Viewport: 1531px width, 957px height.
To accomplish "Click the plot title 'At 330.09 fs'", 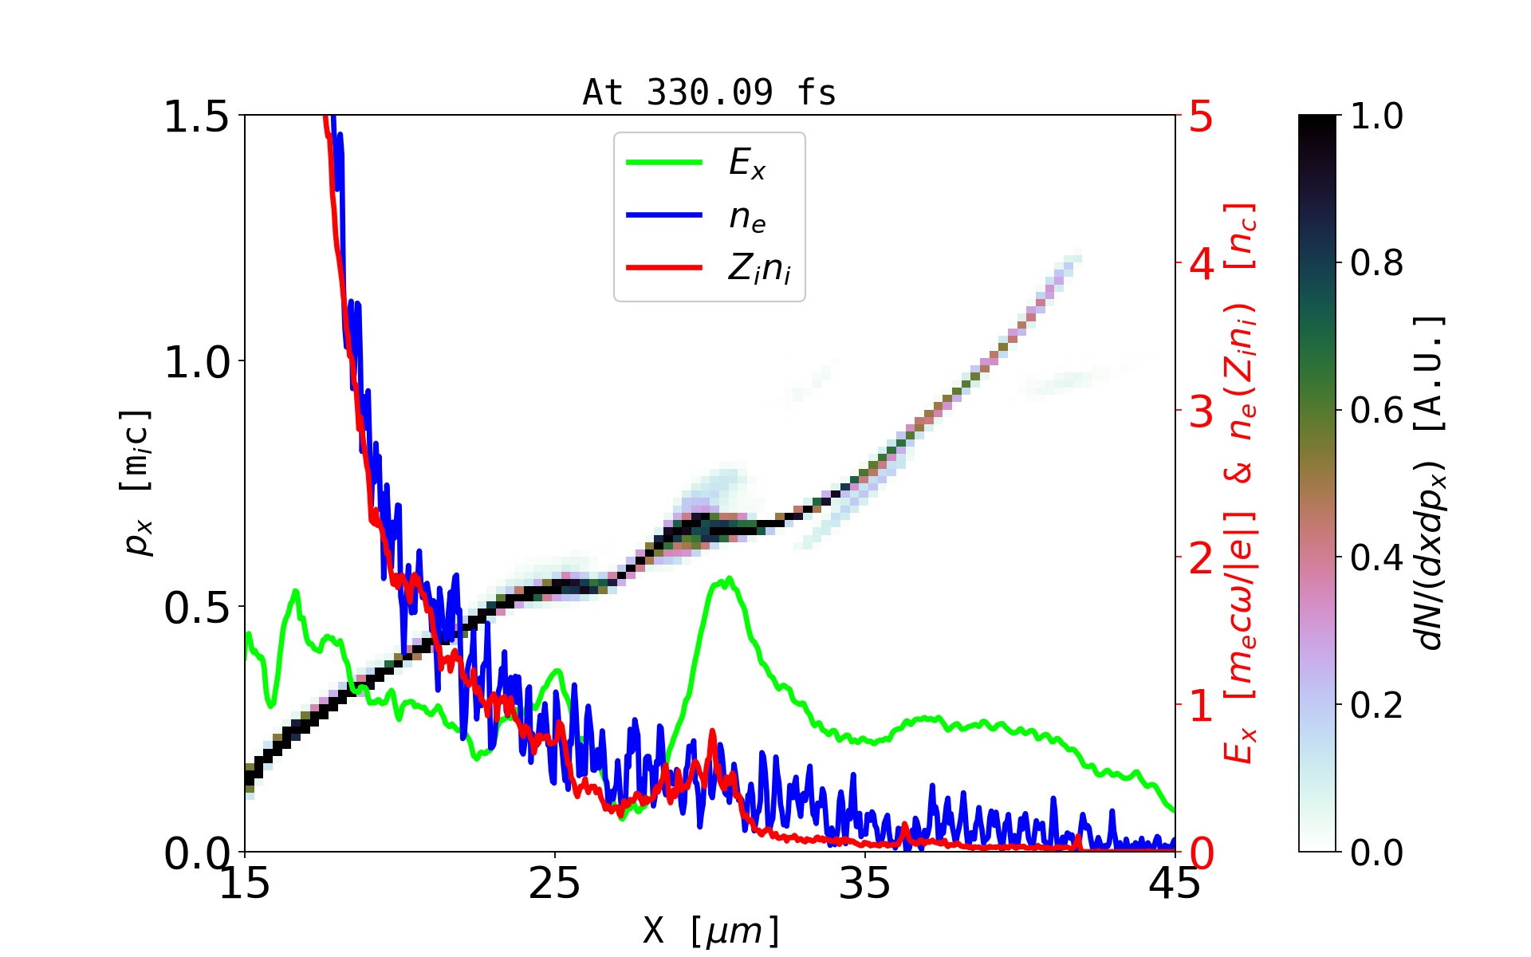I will pyautogui.click(x=709, y=93).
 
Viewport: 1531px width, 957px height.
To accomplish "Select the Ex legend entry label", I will pyautogui.click(x=747, y=163).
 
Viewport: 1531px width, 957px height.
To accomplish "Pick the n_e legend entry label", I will pyautogui.click(x=747, y=216).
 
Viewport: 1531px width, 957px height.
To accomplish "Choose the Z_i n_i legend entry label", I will pyautogui.click(x=759, y=268).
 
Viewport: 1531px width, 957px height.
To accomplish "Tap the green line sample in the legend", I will pyautogui.click(x=664, y=163).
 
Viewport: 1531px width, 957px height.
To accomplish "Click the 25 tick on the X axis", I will pyautogui.click(x=555, y=883).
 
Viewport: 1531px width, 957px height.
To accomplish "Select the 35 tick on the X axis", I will pyautogui.click(x=865, y=883).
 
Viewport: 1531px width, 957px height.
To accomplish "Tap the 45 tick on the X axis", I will pyautogui.click(x=1175, y=883).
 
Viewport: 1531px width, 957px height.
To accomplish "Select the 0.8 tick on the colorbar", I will pyautogui.click(x=1376, y=262).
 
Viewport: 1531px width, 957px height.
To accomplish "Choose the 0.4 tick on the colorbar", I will pyautogui.click(x=1376, y=557).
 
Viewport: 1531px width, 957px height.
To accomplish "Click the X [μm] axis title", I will pyautogui.click(x=711, y=930).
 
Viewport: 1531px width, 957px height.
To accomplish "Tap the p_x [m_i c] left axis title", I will pyautogui.click(x=136, y=482).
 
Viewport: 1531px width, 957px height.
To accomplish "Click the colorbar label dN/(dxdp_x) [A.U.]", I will pyautogui.click(x=1431, y=482).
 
